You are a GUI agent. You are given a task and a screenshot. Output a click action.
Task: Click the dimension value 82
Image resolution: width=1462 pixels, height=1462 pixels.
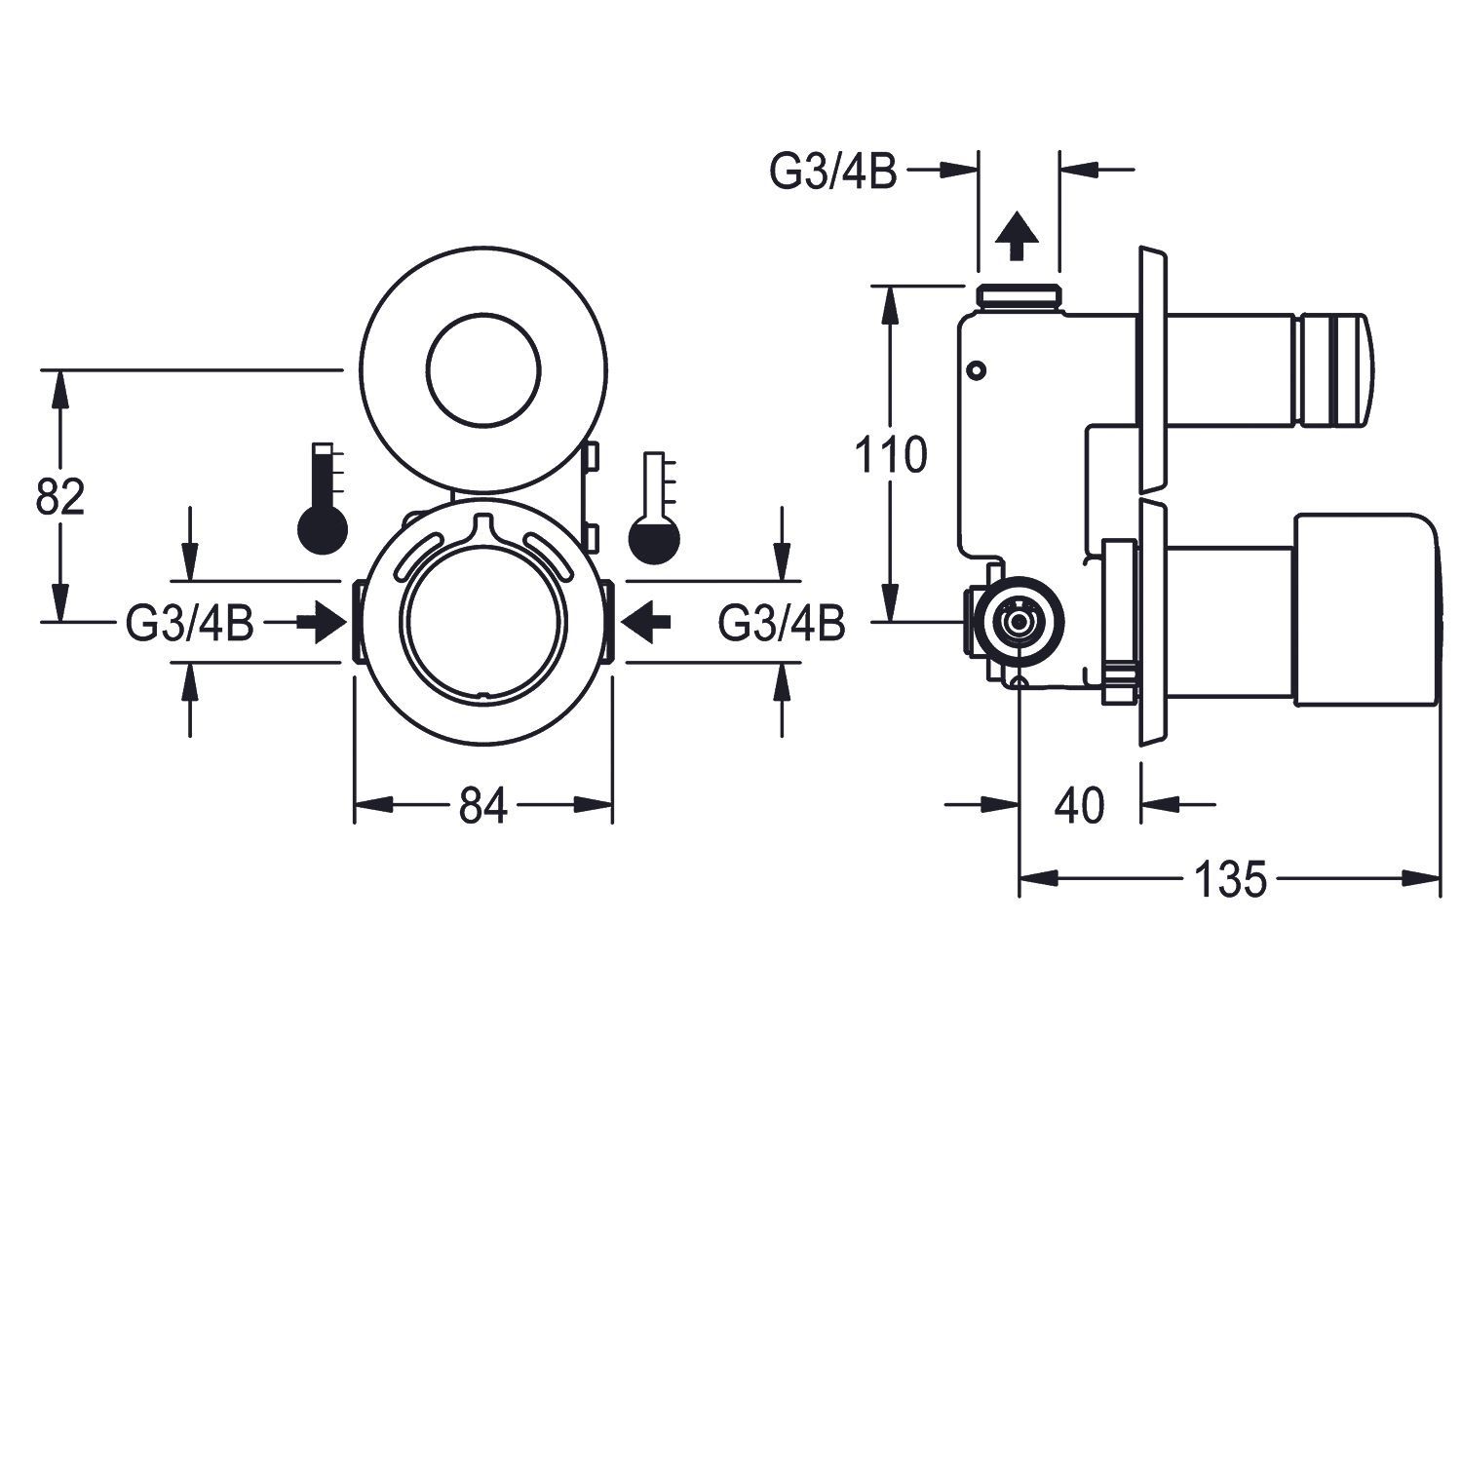pyautogui.click(x=60, y=497)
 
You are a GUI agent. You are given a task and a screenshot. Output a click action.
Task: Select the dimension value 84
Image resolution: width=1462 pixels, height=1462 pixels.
pyautogui.click(x=483, y=806)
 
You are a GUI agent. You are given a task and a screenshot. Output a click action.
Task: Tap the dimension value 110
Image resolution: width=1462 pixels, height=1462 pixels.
pyautogui.click(x=891, y=455)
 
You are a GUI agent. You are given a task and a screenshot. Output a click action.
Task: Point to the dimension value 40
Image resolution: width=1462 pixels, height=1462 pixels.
pyautogui.click(x=1080, y=806)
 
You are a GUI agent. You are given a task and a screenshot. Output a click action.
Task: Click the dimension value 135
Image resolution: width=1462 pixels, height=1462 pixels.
pyautogui.click(x=1230, y=880)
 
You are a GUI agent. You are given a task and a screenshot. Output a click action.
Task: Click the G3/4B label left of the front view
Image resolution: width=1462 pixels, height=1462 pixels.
pyautogui.click(x=190, y=623)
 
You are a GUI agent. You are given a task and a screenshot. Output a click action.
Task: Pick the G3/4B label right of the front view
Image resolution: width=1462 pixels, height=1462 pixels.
pyautogui.click(x=782, y=623)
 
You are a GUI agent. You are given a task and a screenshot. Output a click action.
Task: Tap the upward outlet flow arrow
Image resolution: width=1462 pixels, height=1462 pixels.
pyautogui.click(x=1016, y=236)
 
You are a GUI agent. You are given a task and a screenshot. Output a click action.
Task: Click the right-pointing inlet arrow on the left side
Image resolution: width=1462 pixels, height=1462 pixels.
pyautogui.click(x=319, y=621)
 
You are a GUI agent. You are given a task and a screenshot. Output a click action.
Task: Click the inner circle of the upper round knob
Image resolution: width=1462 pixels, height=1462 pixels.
pyautogui.click(x=483, y=372)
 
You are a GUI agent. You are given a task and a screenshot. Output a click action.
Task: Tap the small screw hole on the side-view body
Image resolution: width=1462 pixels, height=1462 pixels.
pyautogui.click(x=976, y=369)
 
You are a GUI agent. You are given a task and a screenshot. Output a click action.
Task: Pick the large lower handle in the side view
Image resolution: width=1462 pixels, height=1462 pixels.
pyautogui.click(x=1365, y=610)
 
